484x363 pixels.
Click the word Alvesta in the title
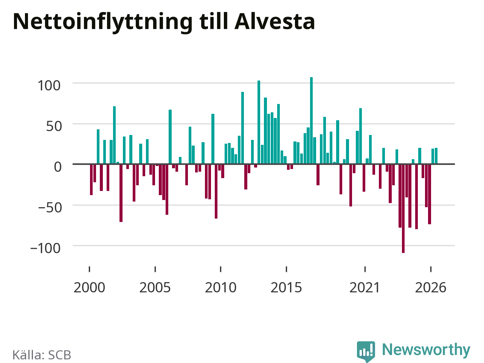click(275, 22)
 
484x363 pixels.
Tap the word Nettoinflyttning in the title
click(103, 23)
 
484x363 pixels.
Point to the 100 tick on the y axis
click(49, 85)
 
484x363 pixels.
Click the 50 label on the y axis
click(54, 127)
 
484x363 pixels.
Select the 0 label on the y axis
click(58, 167)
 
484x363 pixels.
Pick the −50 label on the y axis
click(50, 208)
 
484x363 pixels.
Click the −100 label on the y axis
click(45, 248)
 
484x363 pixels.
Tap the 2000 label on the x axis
click(89, 287)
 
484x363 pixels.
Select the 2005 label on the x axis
click(155, 287)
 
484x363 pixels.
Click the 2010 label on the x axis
click(221, 287)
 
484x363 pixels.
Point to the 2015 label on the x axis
click(286, 287)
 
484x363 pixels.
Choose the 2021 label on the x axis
click(365, 287)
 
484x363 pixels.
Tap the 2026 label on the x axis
click(431, 287)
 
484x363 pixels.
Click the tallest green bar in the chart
click(311, 121)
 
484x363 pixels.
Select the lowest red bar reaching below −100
click(403, 208)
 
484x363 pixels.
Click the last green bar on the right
click(436, 156)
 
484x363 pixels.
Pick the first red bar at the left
click(91, 180)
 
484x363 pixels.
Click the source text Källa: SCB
click(42, 355)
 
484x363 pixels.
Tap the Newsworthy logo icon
click(366, 351)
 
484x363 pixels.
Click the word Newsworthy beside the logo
click(426, 350)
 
